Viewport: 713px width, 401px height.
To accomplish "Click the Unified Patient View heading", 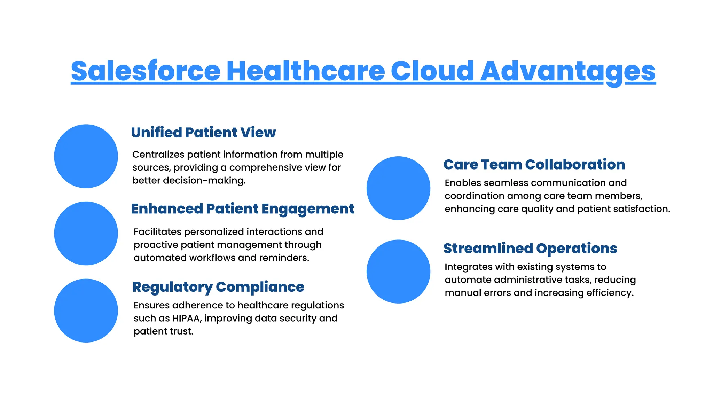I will pyautogui.click(x=203, y=133).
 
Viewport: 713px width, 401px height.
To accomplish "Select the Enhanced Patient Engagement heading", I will pyautogui.click(x=242, y=209).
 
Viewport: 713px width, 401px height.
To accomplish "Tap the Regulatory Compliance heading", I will pyautogui.click(x=218, y=287).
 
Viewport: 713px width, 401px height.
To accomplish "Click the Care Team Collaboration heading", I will pyautogui.click(x=534, y=164).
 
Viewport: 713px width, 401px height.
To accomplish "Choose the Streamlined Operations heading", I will pyautogui.click(x=530, y=248).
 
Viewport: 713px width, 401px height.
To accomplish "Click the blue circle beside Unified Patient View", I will pyautogui.click(x=86, y=156).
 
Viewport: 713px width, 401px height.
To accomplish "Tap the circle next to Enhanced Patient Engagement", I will pyautogui.click(x=86, y=233).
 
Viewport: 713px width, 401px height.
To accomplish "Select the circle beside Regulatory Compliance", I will pyautogui.click(x=86, y=310).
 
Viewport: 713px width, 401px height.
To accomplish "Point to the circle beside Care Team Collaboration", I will pyautogui.click(x=398, y=188).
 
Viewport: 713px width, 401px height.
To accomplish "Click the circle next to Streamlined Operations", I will pyautogui.click(x=398, y=272).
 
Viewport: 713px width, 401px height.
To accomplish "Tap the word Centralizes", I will pyautogui.click(x=158, y=155).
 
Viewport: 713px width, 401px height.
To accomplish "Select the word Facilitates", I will pyautogui.click(x=157, y=232).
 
